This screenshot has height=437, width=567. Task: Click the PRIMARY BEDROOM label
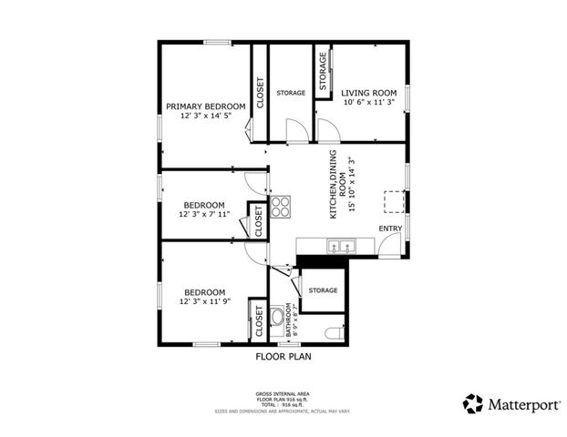(x=205, y=107)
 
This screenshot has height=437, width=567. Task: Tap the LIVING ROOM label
(x=369, y=93)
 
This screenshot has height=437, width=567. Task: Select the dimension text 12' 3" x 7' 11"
(x=204, y=215)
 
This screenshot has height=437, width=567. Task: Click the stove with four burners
(x=281, y=206)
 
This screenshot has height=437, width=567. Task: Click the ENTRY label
(x=390, y=229)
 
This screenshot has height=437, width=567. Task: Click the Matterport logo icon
(x=472, y=402)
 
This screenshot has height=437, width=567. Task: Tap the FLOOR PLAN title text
(x=283, y=358)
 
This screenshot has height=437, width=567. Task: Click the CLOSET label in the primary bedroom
(x=260, y=93)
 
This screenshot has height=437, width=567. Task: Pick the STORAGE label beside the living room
(x=323, y=69)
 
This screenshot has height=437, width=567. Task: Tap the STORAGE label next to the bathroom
(x=323, y=290)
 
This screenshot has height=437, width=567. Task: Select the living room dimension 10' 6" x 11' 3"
(x=369, y=103)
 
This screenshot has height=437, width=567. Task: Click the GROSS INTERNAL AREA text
(x=283, y=393)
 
